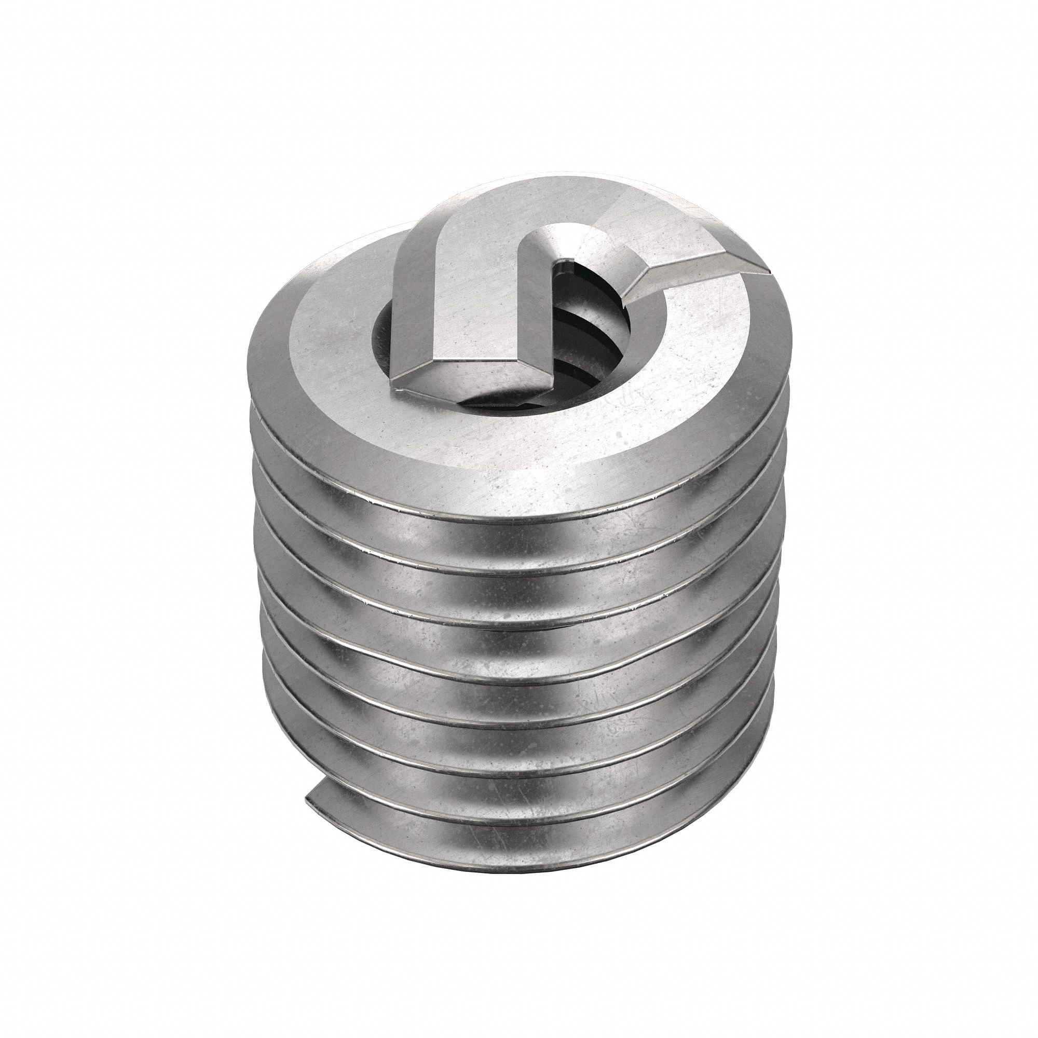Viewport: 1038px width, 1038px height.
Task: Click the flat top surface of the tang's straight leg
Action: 462,301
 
